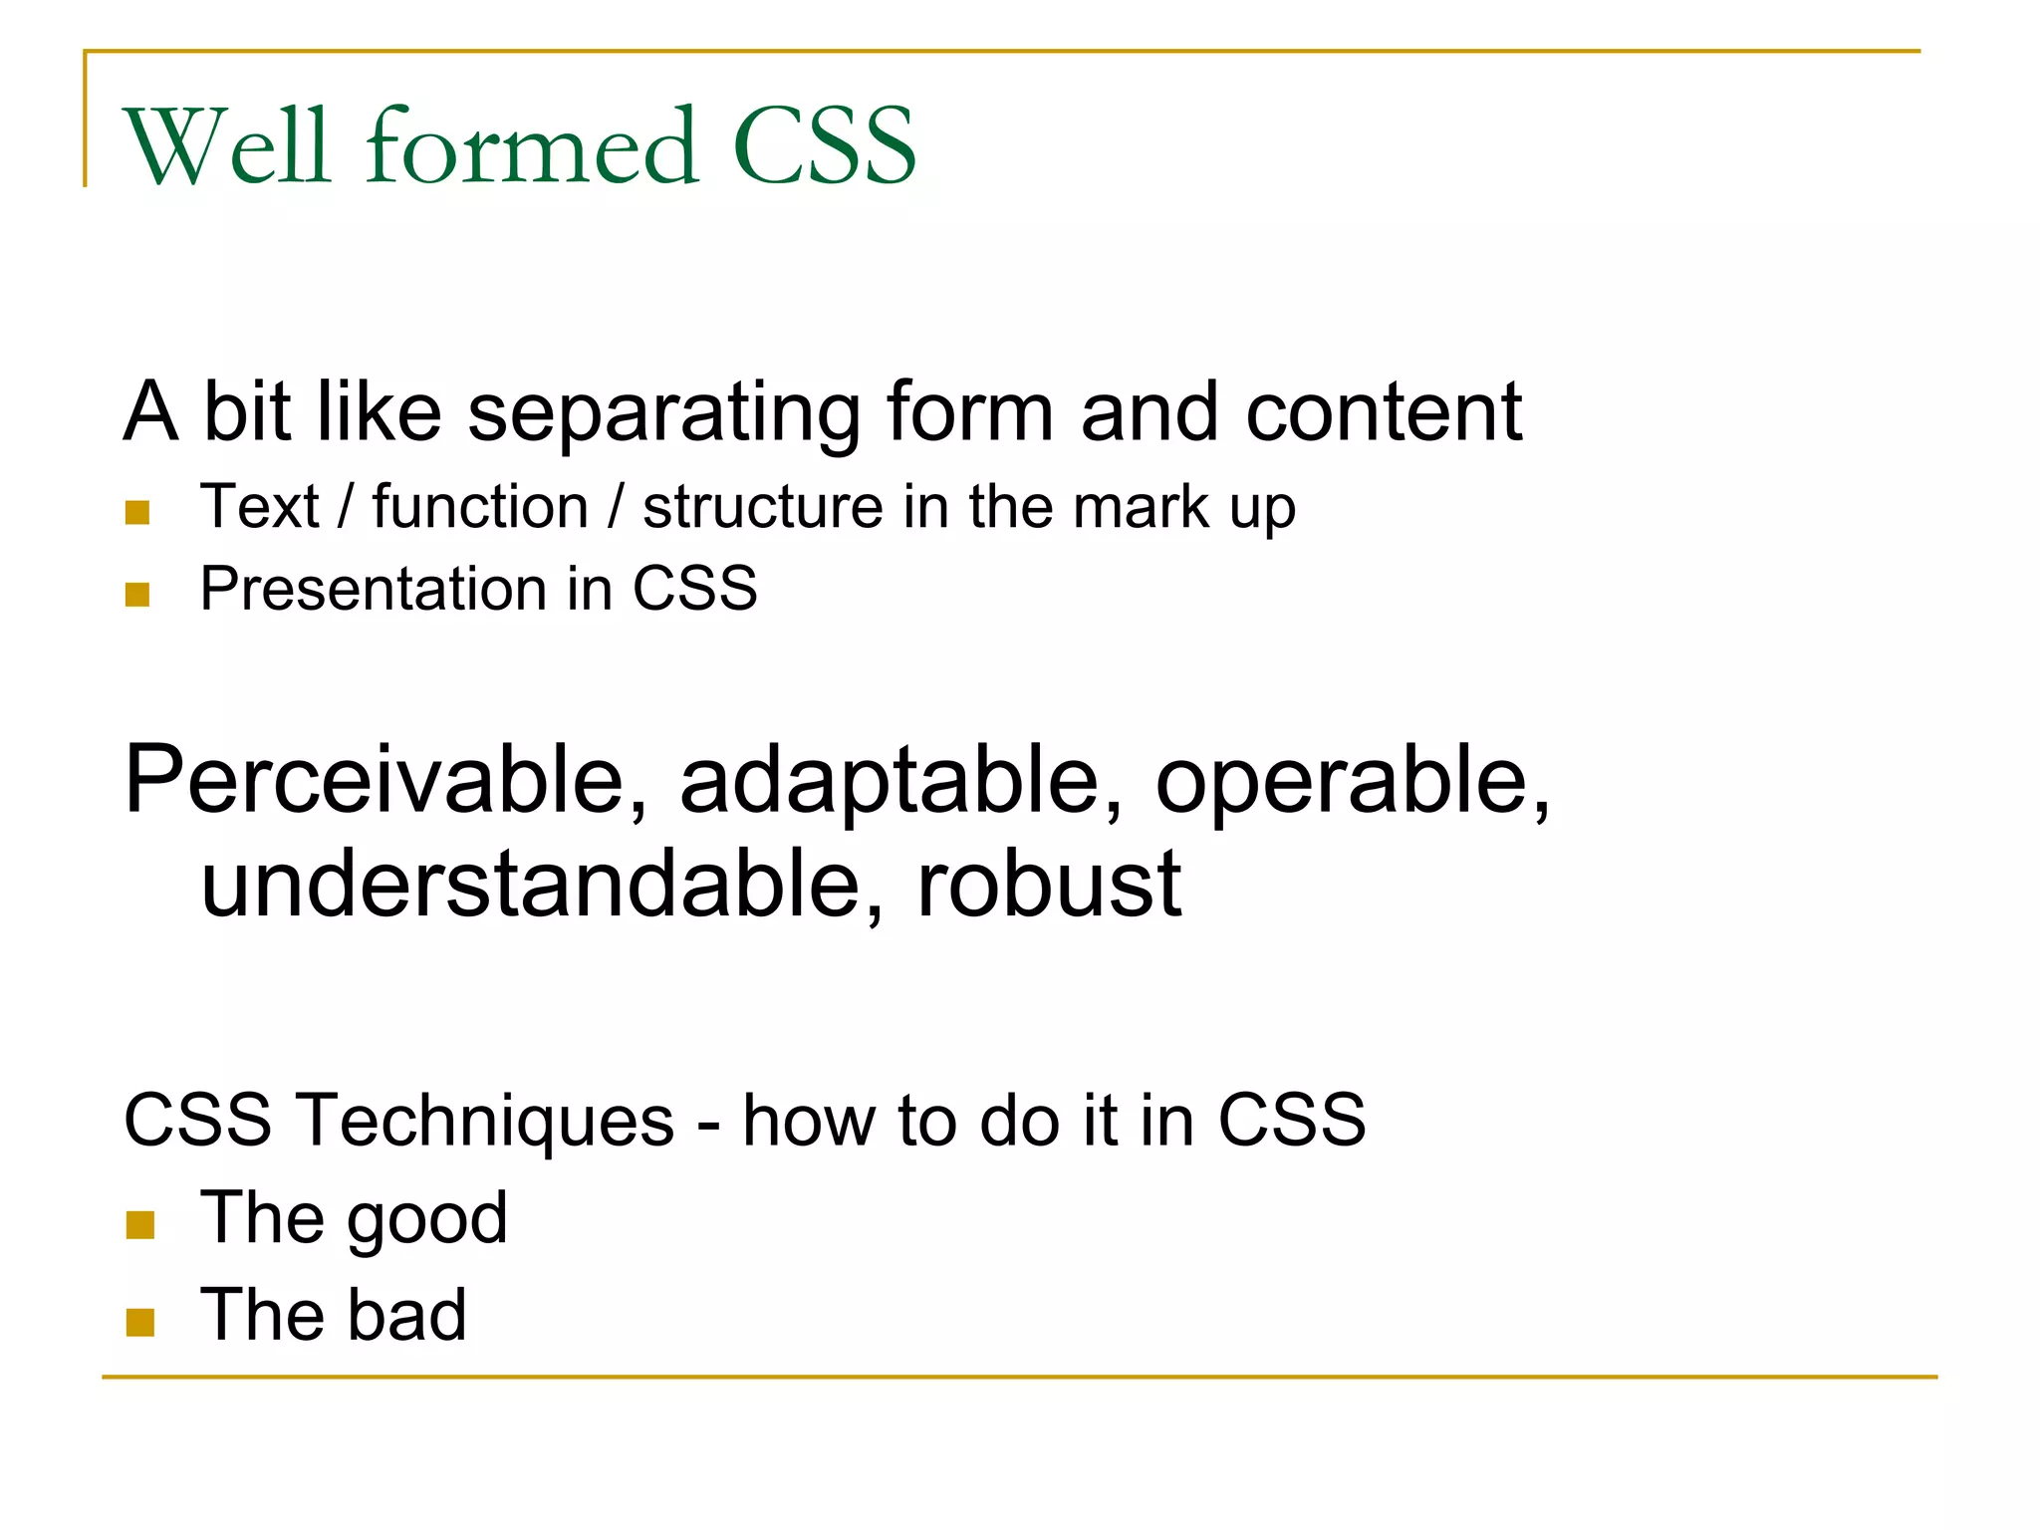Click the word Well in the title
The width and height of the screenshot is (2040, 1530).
226,146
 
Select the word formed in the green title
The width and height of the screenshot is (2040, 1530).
532,146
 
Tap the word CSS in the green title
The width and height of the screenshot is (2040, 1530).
824,146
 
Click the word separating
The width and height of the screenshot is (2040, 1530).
663,413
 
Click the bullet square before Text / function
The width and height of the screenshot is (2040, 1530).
137,513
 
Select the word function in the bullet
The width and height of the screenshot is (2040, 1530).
480,507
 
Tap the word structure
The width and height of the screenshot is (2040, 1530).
762,507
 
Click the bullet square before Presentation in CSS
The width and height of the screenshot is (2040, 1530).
137,595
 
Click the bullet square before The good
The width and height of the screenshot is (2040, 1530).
140,1225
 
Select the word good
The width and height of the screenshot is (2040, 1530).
427,1221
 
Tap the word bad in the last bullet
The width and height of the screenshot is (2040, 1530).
406,1315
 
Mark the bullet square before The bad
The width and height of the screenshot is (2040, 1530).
140,1323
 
